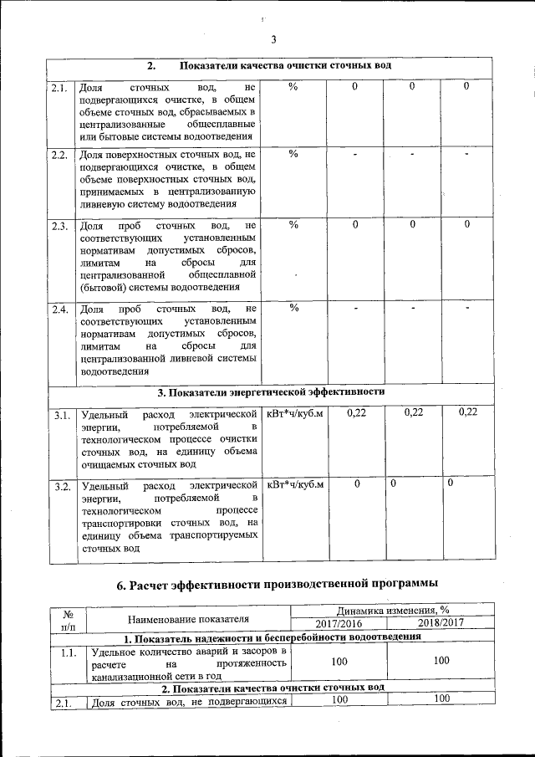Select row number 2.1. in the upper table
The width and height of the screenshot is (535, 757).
click(x=59, y=87)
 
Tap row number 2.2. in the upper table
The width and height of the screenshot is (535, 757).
click(x=59, y=155)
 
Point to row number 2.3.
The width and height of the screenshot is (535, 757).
click(x=59, y=226)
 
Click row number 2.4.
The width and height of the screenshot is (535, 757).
click(x=59, y=309)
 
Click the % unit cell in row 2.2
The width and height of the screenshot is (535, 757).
click(x=293, y=154)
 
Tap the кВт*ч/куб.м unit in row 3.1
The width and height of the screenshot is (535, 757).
click(x=294, y=413)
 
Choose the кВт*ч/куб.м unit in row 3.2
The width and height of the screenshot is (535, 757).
click(x=294, y=485)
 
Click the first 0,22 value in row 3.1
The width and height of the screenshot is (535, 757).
click(x=356, y=412)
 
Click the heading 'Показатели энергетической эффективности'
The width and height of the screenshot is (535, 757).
click(x=272, y=391)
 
